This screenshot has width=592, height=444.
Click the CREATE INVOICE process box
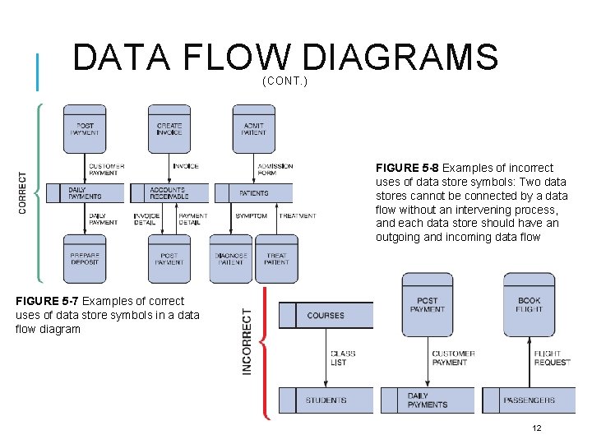(169, 128)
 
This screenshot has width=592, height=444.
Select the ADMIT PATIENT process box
(254, 128)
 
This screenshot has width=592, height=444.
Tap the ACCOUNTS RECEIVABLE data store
(169, 193)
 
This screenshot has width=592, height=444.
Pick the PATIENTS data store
(253, 193)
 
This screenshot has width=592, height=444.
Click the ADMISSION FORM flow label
(275, 169)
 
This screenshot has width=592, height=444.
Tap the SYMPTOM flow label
(251, 216)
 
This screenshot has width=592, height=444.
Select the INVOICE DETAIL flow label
(146, 220)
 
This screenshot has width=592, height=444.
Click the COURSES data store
(326, 316)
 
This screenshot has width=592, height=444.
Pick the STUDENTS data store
(326, 400)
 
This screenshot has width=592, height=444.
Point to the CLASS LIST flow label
(343, 358)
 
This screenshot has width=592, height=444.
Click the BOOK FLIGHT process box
(529, 304)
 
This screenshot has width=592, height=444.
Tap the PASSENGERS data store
(529, 400)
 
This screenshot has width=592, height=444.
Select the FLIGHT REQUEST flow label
(552, 358)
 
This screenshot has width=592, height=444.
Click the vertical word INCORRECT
(247, 342)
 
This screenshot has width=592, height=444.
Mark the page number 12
(537, 428)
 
